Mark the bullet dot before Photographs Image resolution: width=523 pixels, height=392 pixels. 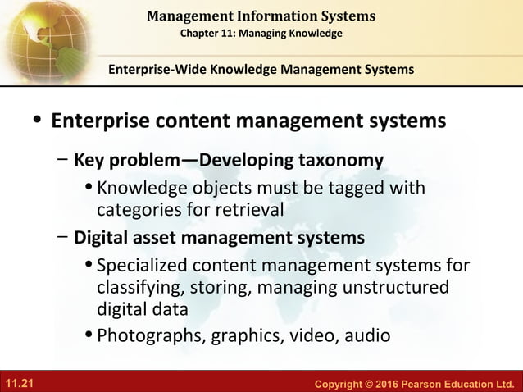[89, 335]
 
